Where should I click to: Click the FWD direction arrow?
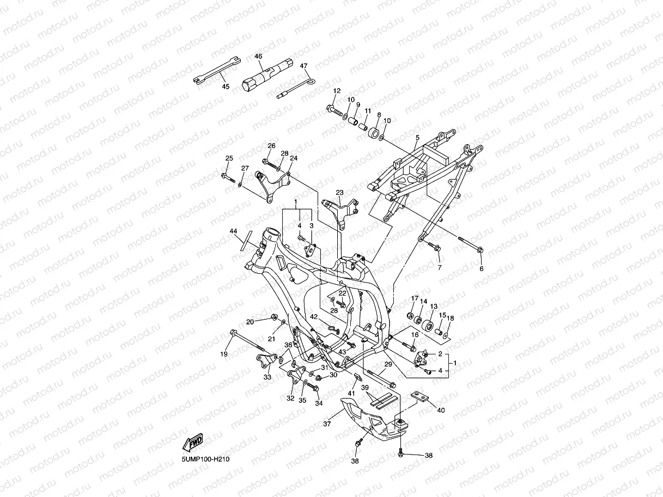(x=193, y=443)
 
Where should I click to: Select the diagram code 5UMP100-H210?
(x=205, y=459)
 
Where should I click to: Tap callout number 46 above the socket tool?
(x=258, y=56)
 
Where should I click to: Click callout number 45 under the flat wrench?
(x=226, y=87)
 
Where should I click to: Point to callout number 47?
(x=303, y=66)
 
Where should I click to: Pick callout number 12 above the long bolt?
(x=337, y=90)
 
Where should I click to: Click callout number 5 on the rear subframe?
(x=417, y=138)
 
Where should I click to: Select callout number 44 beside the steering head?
(x=233, y=231)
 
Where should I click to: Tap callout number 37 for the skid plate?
(x=327, y=424)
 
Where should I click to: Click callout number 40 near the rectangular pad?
(x=441, y=410)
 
